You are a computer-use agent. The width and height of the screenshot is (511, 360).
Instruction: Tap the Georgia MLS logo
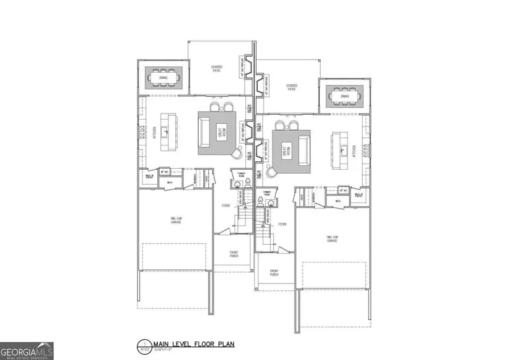[x=27, y=351]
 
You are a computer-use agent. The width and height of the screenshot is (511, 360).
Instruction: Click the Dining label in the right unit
[x=345, y=97]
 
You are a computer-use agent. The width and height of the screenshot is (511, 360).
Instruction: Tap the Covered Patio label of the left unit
[x=217, y=68]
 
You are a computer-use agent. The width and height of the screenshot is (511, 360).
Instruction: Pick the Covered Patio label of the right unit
[x=292, y=87]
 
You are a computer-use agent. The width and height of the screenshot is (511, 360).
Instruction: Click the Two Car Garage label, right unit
[x=332, y=239]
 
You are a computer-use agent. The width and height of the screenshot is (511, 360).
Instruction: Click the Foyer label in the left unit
[x=225, y=206]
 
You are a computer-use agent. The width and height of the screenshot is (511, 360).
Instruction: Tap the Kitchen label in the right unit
[x=353, y=150]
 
